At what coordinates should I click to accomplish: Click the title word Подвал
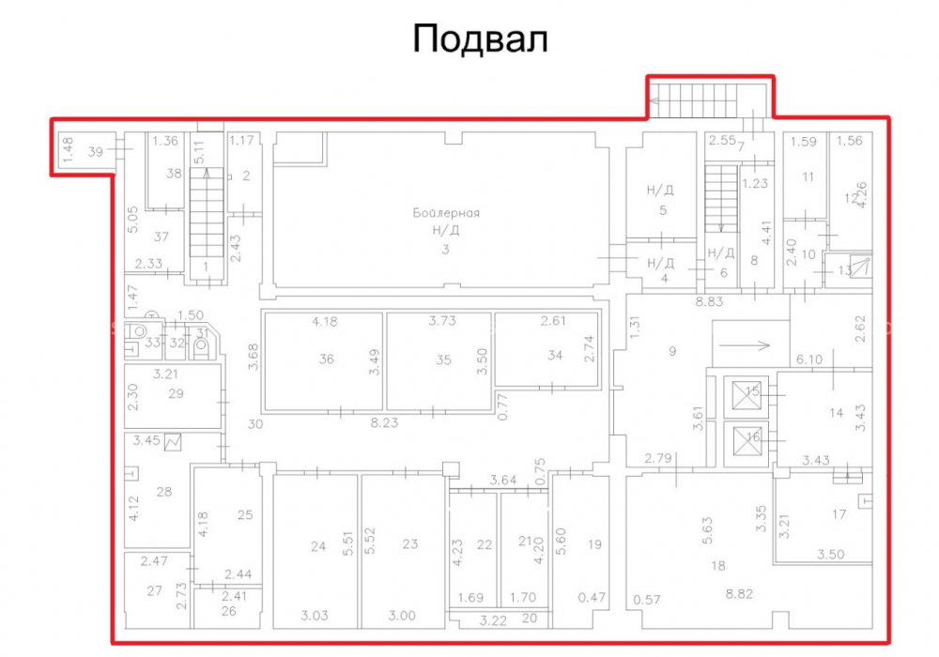tap(480, 40)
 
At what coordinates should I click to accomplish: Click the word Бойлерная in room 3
tap(446, 212)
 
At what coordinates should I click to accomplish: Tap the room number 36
tap(327, 359)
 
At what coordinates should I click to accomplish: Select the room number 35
tap(443, 359)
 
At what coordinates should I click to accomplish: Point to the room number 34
tap(555, 355)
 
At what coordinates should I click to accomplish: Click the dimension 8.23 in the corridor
tap(384, 422)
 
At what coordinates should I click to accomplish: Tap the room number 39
tap(95, 151)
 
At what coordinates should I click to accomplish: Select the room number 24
tap(318, 545)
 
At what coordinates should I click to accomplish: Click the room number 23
tap(410, 544)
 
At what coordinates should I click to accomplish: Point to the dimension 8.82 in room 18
tap(739, 593)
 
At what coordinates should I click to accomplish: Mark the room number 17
tap(839, 513)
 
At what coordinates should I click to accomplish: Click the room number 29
tap(177, 393)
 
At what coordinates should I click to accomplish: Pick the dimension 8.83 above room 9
tap(709, 301)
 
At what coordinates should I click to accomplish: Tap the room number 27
tap(155, 590)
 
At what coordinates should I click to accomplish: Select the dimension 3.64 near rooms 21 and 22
tap(503, 480)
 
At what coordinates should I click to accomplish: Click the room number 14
tap(836, 412)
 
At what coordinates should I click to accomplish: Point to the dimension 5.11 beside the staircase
tap(200, 152)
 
